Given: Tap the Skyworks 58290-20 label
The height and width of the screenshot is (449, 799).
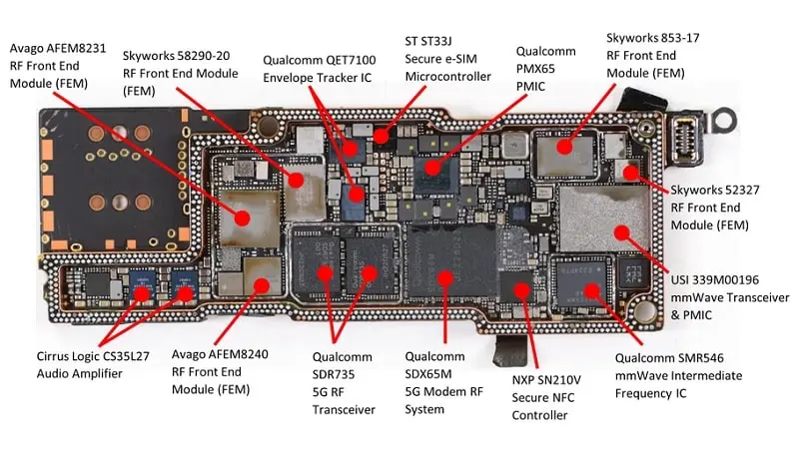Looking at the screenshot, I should (x=180, y=71).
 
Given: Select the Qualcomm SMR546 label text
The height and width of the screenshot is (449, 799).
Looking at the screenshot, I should (x=679, y=376).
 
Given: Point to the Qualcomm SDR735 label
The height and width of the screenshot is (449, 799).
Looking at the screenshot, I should (x=344, y=382).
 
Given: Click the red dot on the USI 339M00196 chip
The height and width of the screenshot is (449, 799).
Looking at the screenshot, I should (x=620, y=232).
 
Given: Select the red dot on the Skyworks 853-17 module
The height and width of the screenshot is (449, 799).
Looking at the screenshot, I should (x=565, y=147).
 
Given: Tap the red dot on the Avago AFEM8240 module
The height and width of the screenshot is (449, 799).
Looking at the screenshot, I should (x=262, y=284).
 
